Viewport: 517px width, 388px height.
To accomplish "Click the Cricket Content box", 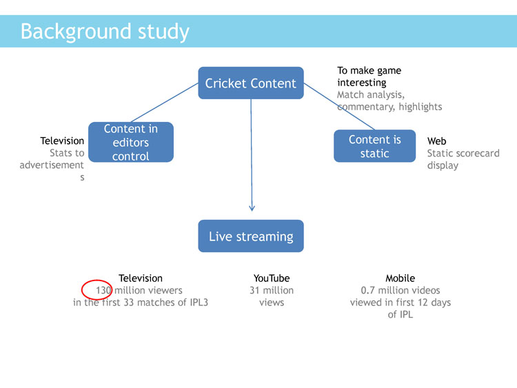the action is tap(251, 83).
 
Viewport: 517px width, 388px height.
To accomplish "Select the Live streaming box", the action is tap(251, 236).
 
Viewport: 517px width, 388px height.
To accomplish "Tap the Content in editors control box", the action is tap(131, 142).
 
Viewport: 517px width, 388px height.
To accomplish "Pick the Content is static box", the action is tap(374, 146).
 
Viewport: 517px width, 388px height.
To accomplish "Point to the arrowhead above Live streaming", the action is tap(252, 208).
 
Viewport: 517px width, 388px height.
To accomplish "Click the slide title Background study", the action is tap(105, 32).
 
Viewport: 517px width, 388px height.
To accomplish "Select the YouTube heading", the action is tap(272, 278).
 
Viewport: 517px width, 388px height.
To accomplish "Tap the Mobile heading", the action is tap(401, 278).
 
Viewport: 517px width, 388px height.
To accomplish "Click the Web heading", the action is tap(436, 141).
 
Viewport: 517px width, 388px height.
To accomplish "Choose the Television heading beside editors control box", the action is tap(62, 141).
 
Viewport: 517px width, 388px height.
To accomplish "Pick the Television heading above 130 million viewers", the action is tap(141, 278).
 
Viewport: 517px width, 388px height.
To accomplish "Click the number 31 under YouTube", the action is tap(254, 290).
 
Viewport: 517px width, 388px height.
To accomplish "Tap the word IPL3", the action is tap(199, 303).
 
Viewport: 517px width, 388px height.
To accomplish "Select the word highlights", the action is tap(420, 107).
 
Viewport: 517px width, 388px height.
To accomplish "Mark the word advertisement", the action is tap(52, 165).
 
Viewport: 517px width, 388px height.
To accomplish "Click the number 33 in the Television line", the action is tap(128, 303).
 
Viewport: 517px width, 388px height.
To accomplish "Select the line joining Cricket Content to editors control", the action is tap(165, 103).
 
